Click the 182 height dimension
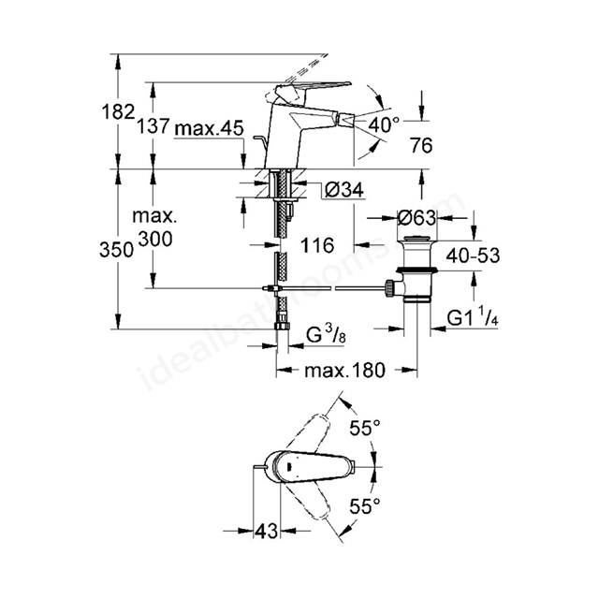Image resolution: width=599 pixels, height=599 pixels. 119,112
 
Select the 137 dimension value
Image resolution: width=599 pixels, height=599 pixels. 153,126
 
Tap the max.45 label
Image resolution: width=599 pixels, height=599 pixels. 209,128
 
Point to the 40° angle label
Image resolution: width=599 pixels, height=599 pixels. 383,124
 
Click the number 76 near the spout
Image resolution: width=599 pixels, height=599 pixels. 421,145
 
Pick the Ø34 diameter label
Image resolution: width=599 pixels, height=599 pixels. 344,189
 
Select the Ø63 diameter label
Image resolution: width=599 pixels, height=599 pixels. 416,218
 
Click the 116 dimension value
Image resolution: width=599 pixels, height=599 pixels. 317,245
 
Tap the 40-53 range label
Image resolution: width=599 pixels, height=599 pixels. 473,256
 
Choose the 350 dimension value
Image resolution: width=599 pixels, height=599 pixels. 116,250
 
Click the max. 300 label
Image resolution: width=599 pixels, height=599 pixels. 154,228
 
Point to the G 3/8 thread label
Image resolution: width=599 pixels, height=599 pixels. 327,335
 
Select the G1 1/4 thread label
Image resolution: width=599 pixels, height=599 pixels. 472,318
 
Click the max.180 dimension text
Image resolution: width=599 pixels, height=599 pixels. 345,371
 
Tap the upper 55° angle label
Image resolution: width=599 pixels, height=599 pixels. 365,428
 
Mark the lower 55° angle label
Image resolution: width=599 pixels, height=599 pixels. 365,506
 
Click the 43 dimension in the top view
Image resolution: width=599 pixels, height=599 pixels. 266,531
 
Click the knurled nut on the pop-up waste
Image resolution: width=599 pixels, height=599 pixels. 389,288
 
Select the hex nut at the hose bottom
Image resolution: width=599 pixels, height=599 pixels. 283,325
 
